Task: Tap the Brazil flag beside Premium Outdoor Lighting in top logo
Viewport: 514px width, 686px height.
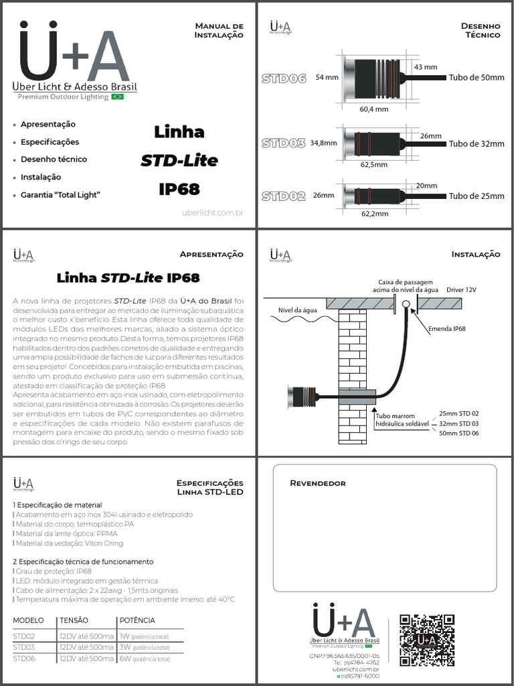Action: coord(117,97)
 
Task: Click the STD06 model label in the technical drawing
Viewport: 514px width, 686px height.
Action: coord(284,78)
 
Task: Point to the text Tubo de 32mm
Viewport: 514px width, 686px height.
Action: coord(477,143)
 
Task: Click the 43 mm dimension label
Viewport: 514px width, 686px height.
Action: coord(426,67)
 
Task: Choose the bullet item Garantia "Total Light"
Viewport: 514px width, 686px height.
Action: coord(60,194)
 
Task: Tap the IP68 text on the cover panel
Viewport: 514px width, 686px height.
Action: coord(179,190)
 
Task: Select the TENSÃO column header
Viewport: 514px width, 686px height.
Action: coord(74,620)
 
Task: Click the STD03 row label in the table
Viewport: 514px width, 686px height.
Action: coord(24,647)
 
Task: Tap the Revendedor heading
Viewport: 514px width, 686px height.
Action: coord(317,483)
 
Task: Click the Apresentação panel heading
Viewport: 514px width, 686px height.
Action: coord(211,255)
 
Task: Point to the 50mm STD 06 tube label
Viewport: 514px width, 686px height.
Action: coord(459,434)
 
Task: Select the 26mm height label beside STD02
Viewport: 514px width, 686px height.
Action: coord(323,196)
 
